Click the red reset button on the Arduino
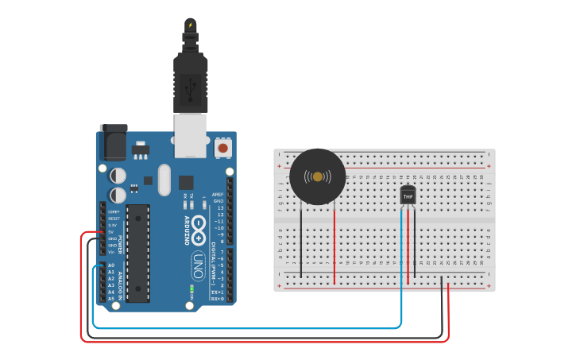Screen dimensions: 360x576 (223, 148)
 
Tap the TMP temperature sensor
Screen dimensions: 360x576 (408, 195)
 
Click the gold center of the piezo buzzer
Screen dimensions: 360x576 (318, 176)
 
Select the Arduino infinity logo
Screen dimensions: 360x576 (199, 226)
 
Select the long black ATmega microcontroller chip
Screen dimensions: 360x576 (138, 254)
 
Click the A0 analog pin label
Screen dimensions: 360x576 (111, 265)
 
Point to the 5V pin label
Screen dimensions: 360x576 (112, 232)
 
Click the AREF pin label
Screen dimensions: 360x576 (218, 194)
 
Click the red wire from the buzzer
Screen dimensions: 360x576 (334, 242)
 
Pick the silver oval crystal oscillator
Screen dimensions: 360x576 (164, 180)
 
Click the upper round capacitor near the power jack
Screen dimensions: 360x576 (118, 174)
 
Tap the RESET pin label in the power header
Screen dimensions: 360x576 (113, 219)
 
